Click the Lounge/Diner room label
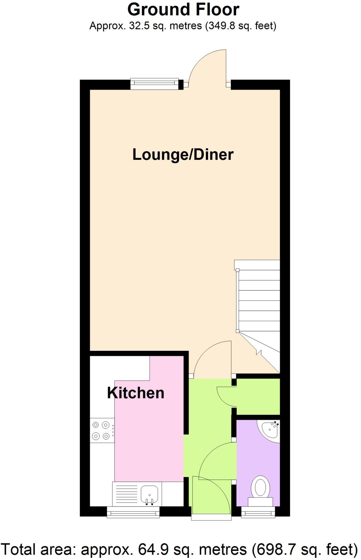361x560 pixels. pos(183,155)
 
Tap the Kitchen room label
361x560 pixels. pos(136,393)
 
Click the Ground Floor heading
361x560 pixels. pos(183,10)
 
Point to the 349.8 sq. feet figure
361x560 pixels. pos(240,26)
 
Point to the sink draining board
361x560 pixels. pos(127,495)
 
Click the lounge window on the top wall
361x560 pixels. pos(154,84)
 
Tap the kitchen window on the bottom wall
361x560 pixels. pos(133,512)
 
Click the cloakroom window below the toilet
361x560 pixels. pos(258,512)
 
